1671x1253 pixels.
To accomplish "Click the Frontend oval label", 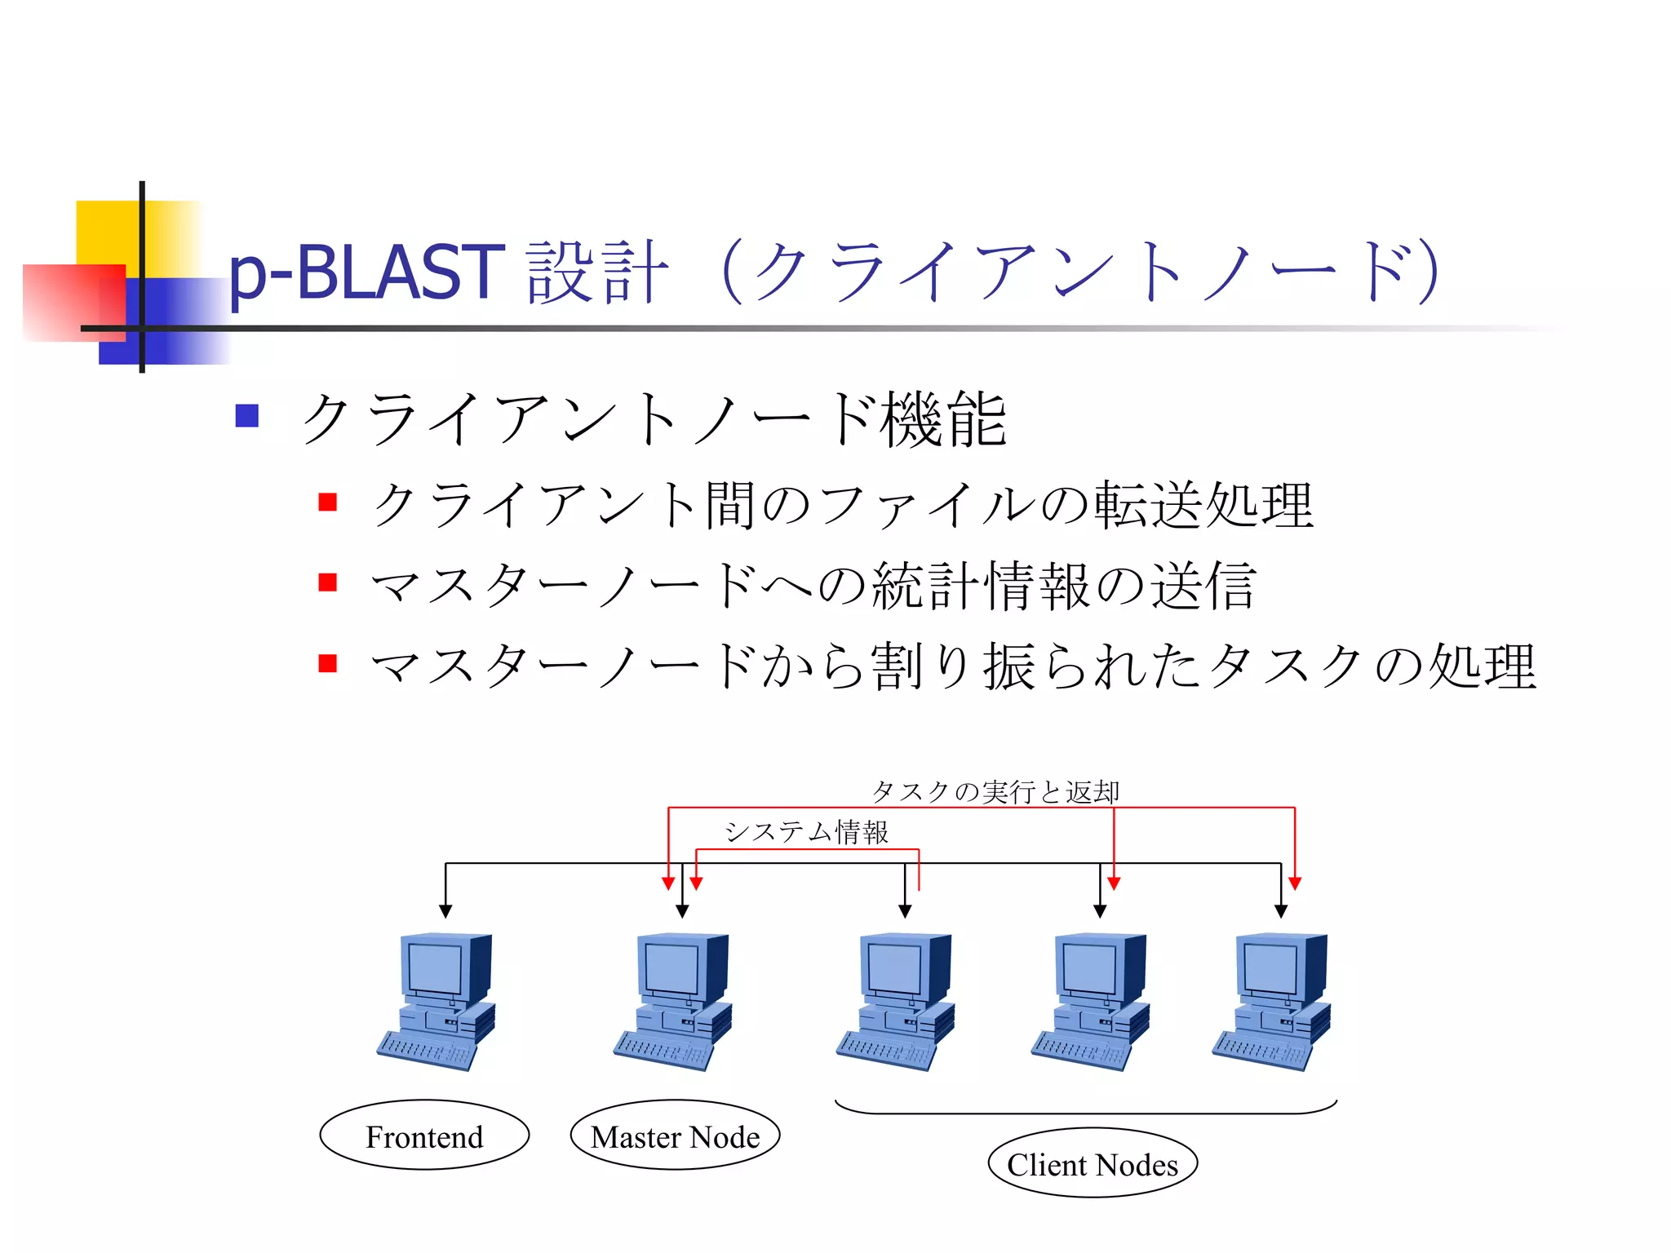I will click(424, 1136).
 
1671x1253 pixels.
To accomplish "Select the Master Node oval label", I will click(675, 1136).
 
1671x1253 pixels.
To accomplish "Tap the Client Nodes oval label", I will click(1092, 1163).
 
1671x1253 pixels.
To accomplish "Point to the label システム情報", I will click(806, 831).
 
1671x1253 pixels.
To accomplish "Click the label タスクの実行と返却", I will click(995, 791).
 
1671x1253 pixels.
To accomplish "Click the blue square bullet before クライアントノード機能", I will click(246, 416).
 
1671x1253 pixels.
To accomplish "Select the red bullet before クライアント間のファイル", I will click(328, 502).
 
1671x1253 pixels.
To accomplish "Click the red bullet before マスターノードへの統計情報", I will click(328, 582).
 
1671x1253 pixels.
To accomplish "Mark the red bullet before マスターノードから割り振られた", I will click(328, 663).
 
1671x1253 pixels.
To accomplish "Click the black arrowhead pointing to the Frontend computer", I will click(445, 910).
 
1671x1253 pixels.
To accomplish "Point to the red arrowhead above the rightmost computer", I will click(1295, 883).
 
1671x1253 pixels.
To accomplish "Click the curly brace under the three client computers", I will click(1085, 1111).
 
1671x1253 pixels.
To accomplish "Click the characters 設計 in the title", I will click(597, 272).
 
